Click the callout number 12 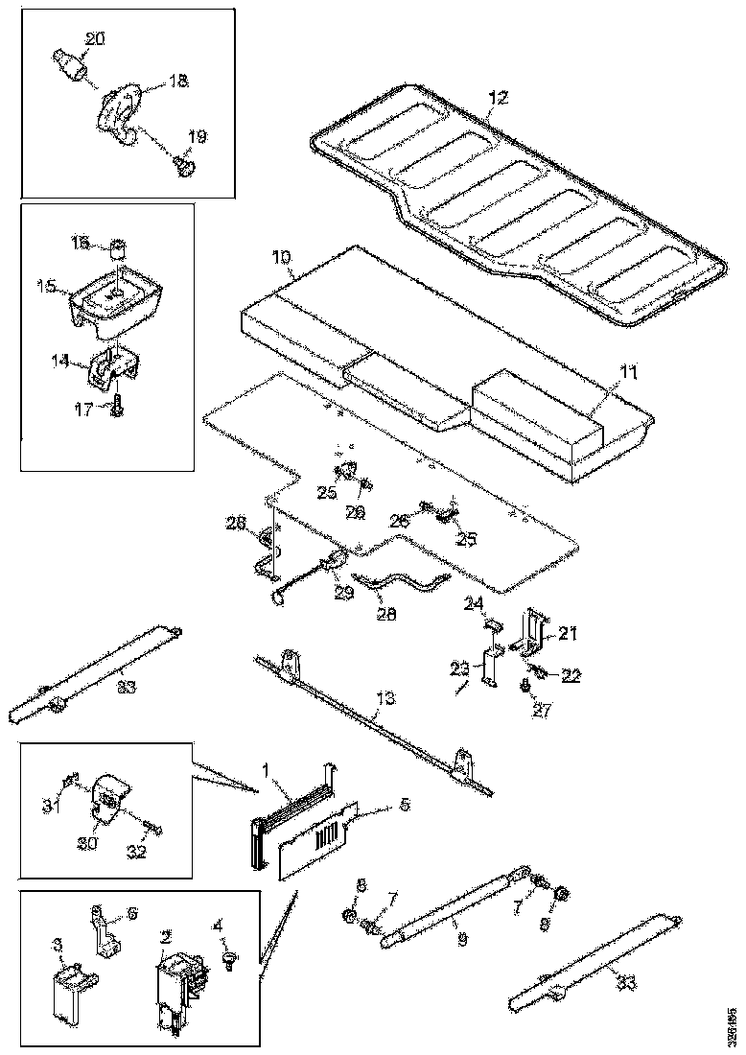click(x=498, y=98)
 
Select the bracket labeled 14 click(x=113, y=368)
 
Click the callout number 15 click(x=46, y=286)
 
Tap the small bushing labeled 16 click(x=118, y=252)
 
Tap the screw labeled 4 click(x=230, y=959)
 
